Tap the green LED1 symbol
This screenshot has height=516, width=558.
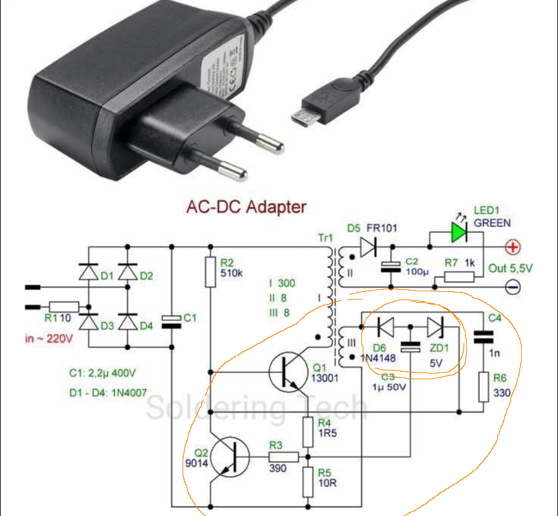pyautogui.click(x=460, y=233)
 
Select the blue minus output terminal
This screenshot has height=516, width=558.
pyautogui.click(x=512, y=286)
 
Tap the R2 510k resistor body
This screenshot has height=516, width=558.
pyautogui.click(x=211, y=272)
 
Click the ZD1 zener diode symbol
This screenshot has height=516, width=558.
pyautogui.click(x=436, y=327)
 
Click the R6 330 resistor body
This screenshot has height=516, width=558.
pyautogui.click(x=484, y=387)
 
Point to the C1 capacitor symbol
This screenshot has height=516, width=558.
pyautogui.click(x=171, y=321)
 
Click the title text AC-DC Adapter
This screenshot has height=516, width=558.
pyautogui.click(x=246, y=207)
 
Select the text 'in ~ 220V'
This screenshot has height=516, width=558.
pyautogui.click(x=49, y=339)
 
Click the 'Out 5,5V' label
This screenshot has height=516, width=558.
pyautogui.click(x=510, y=268)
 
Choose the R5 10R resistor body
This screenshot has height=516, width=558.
pyautogui.click(x=308, y=482)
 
